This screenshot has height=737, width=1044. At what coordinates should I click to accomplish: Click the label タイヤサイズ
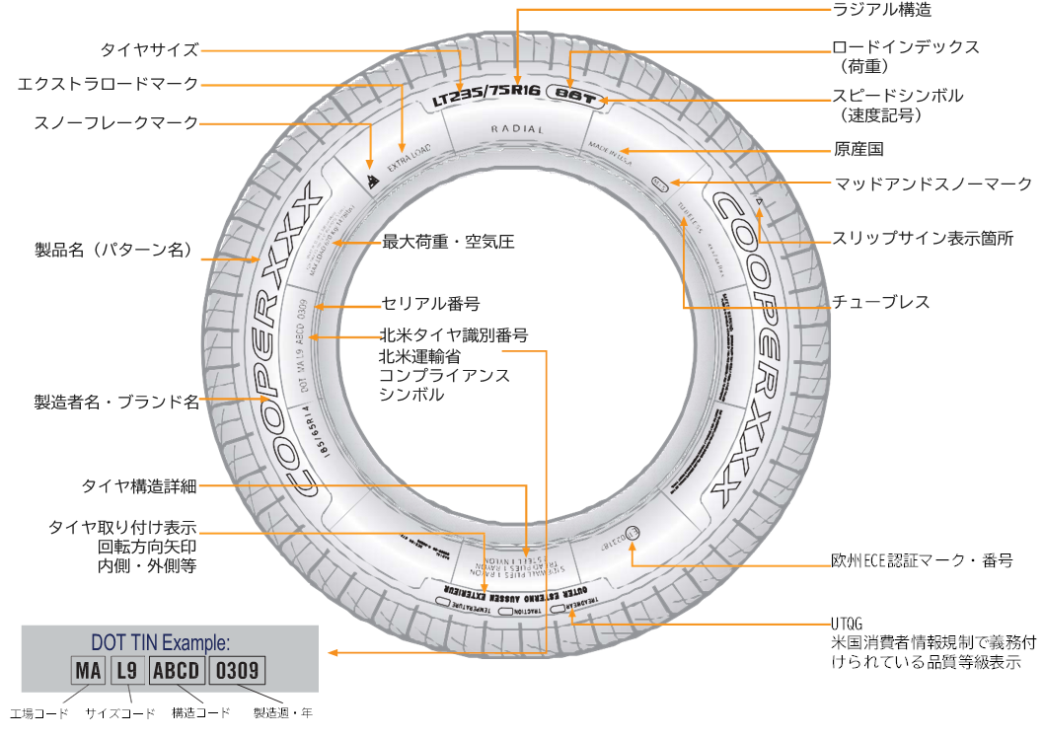(x=149, y=49)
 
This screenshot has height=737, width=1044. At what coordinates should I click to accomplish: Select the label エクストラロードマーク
(x=109, y=84)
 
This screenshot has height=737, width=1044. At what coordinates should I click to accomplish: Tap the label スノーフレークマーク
(x=116, y=122)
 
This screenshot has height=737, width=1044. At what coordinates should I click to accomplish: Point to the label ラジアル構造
(x=881, y=10)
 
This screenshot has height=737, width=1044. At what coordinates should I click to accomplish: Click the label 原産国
(x=858, y=150)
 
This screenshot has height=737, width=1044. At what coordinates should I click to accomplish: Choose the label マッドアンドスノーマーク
(x=932, y=184)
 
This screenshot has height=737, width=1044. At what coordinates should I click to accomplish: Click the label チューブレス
(x=880, y=302)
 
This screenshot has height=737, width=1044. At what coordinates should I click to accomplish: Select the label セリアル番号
(x=430, y=303)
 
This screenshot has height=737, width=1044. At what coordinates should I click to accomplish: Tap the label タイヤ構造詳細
(x=139, y=486)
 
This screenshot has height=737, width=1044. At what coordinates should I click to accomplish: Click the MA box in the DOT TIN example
(x=89, y=672)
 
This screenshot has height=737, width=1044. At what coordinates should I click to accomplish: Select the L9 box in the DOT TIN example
(x=125, y=672)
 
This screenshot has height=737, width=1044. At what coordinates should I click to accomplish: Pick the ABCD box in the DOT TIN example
(x=177, y=672)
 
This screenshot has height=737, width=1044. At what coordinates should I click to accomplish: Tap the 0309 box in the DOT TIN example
(x=238, y=672)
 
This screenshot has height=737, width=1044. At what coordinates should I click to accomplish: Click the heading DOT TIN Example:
(x=161, y=643)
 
